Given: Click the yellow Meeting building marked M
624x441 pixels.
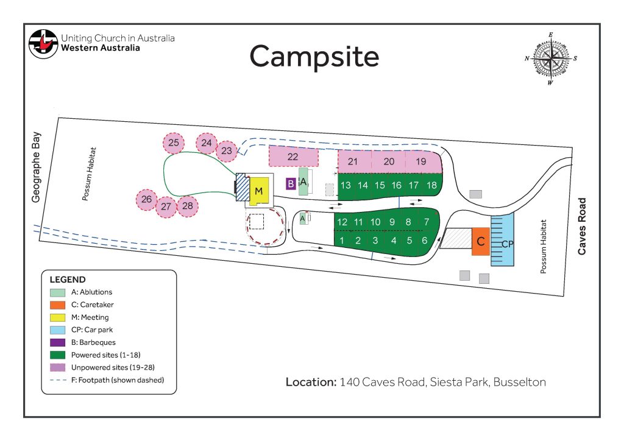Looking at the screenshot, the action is [x=259, y=191].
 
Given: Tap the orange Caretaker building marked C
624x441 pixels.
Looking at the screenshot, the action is [x=481, y=241].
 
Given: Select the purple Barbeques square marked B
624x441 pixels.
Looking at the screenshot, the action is [x=291, y=184].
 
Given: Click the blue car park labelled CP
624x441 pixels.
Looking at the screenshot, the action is [x=502, y=240].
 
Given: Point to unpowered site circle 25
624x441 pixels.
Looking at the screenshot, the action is [x=174, y=143].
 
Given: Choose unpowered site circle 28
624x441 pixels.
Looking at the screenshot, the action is [x=188, y=206].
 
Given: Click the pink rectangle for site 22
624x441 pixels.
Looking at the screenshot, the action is [x=293, y=157].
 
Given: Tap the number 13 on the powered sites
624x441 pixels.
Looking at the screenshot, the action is [x=346, y=185].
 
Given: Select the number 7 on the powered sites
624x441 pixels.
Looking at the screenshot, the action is [x=427, y=222].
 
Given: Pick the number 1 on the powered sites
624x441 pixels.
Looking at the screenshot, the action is [x=342, y=240].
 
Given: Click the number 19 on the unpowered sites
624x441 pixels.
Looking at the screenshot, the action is [x=421, y=161].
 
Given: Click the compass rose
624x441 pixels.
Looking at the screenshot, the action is [x=551, y=58].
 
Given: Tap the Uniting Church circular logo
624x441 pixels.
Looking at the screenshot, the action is [x=43, y=44].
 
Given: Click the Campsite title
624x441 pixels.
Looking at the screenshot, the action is [x=314, y=57].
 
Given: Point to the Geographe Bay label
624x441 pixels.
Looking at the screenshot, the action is [x=36, y=167].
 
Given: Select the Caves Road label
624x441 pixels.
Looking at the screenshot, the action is [x=582, y=226].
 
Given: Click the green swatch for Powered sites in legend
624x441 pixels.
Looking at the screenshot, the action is [x=58, y=355].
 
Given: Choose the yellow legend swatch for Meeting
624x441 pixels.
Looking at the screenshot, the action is [x=58, y=317].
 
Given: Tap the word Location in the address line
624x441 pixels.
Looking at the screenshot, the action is [x=311, y=382].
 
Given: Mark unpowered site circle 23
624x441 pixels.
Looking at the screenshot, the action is [x=227, y=151].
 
